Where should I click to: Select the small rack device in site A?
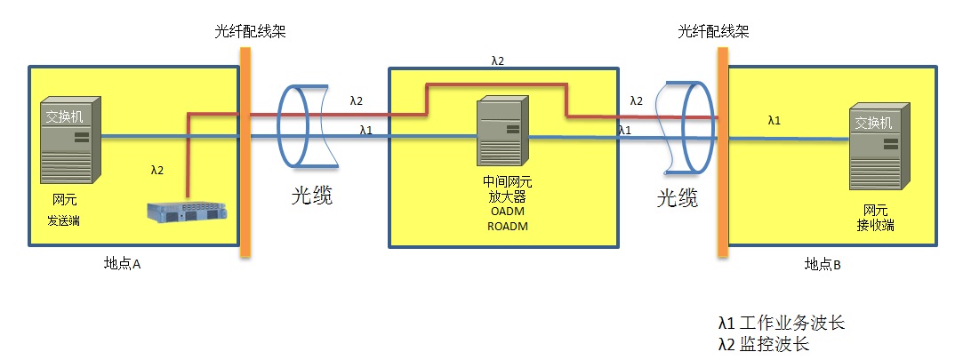(188, 213)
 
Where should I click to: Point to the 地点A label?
(124, 263)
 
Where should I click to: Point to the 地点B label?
(823, 263)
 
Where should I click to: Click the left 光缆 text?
(312, 196)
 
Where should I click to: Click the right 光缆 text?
(677, 197)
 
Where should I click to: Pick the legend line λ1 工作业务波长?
(781, 323)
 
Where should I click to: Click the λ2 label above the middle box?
(498, 61)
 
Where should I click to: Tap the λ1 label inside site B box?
(774, 120)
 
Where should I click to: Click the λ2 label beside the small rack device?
(157, 168)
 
